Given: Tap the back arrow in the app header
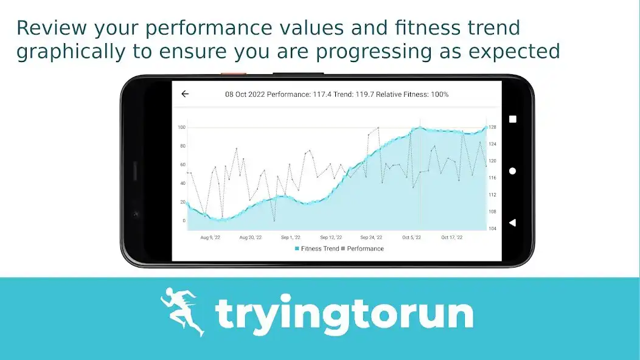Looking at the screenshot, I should [185, 94].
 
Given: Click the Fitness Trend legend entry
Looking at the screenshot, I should [317, 249].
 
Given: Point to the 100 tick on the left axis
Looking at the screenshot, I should [181, 127].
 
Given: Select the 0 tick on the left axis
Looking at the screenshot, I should [184, 221].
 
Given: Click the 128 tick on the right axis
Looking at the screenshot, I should [492, 127].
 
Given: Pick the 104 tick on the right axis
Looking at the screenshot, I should [492, 229].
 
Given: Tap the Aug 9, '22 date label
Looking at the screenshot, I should [211, 238].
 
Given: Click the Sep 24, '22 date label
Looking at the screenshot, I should [371, 238].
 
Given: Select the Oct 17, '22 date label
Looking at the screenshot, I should [451, 238].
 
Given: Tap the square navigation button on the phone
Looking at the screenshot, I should [512, 119].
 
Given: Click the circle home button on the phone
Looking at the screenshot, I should [512, 171].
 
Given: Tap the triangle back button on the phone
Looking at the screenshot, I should [512, 223].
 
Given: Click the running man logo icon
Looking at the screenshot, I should [182, 312].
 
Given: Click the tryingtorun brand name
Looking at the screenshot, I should [344, 314].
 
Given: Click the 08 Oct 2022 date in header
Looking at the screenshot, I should [245, 94].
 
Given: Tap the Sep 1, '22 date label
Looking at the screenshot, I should [291, 238].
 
